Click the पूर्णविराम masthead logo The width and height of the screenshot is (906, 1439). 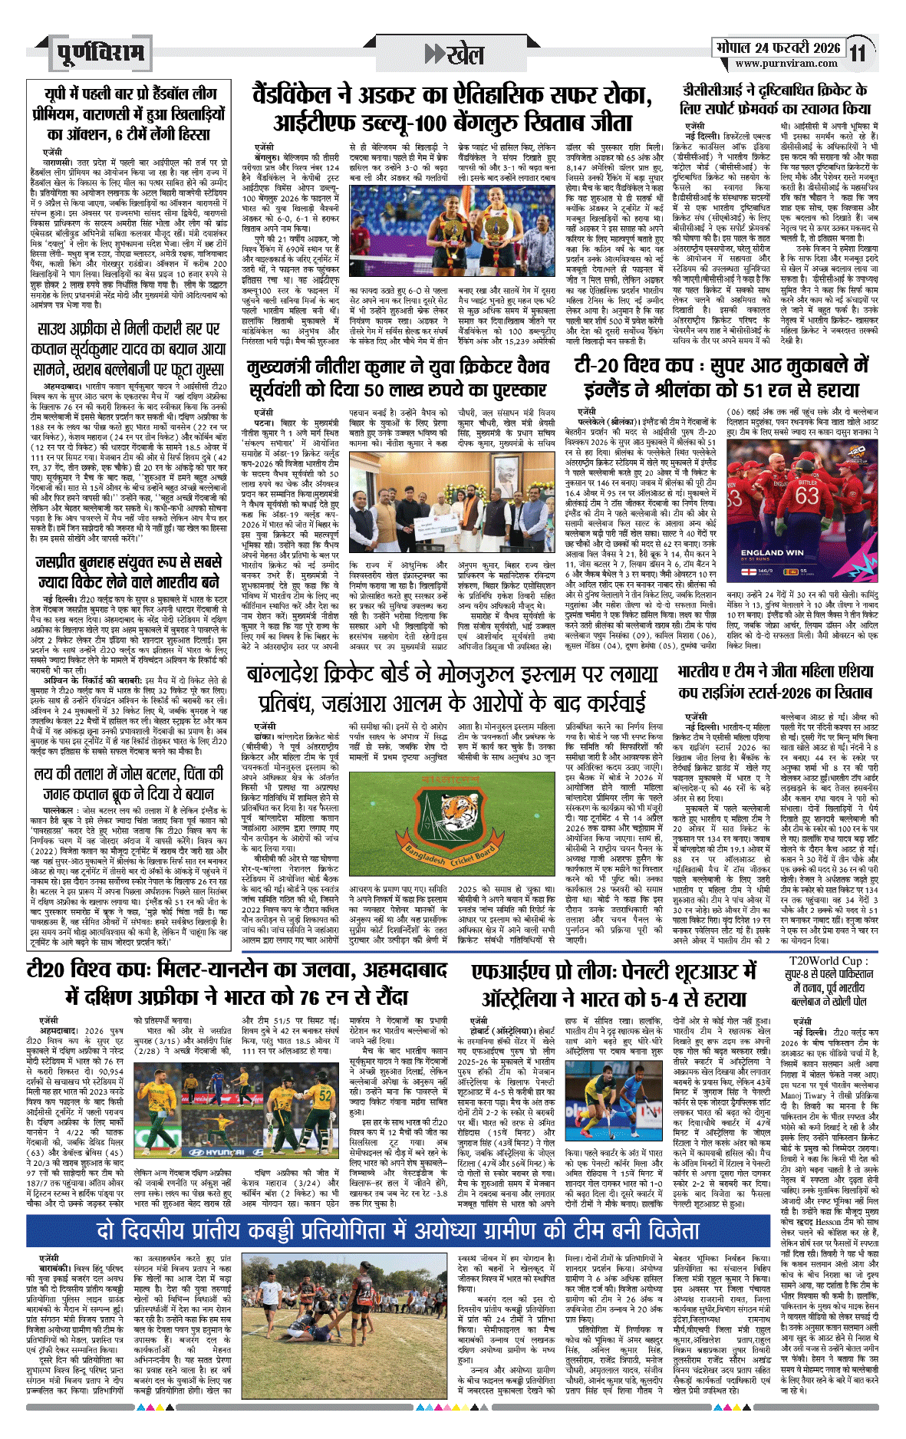pos(100,53)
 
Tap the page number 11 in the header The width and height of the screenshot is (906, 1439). pos(858,53)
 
